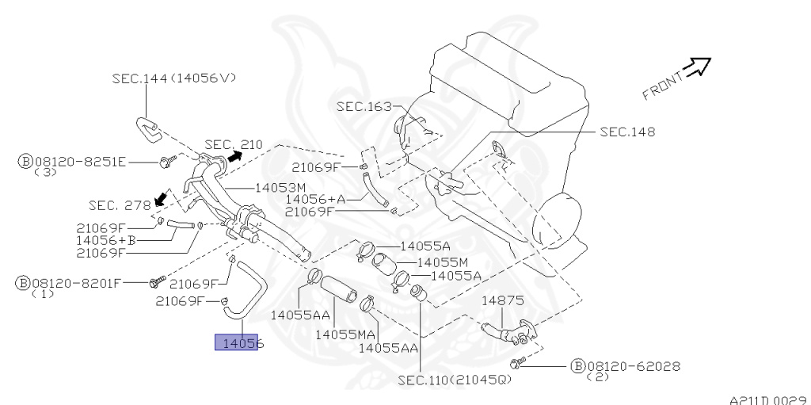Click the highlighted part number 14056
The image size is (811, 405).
[237, 343]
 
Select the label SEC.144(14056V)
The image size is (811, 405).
[173, 78]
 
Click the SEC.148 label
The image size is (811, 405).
[627, 132]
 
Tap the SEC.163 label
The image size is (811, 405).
[364, 106]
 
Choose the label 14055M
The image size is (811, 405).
[443, 262]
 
